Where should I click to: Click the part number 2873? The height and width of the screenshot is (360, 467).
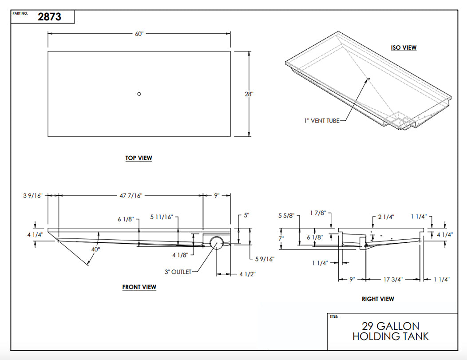coord(49,17)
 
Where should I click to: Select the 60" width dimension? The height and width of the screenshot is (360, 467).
coord(139,34)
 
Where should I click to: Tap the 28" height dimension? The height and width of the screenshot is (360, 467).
coord(249,94)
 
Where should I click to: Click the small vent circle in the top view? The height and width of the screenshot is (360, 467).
coord(139,94)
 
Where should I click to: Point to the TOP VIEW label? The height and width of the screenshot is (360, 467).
coord(139,158)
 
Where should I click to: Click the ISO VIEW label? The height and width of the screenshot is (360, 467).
coord(404,47)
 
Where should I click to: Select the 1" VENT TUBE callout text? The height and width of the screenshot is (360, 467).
coord(322,120)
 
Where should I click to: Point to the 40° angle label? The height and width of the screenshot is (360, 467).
coord(95,249)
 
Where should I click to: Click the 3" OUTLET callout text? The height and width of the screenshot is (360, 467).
coord(178,272)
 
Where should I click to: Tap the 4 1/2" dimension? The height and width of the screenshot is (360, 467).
coord(247,274)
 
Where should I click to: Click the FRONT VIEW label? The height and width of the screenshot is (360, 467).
coord(139,287)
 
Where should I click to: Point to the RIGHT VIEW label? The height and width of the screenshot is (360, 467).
coord(377,299)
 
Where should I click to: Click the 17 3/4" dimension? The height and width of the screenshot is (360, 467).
coord(392,280)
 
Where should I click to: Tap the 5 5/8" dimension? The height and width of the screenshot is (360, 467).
coord(286,215)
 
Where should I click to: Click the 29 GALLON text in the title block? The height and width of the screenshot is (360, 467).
coord(391,326)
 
